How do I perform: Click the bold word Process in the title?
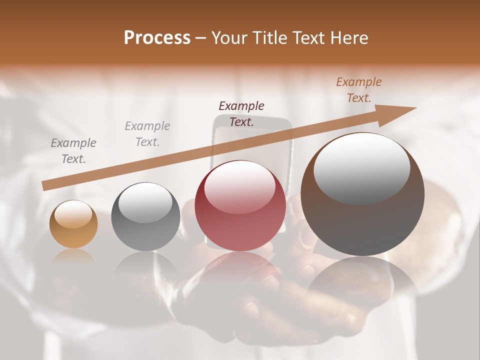pyautogui.click(x=157, y=38)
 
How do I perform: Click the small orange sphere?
pyautogui.click(x=73, y=224)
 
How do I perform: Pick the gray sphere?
pyautogui.click(x=145, y=216)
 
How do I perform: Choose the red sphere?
pyautogui.click(x=240, y=206)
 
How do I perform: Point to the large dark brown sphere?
pyautogui.click(x=362, y=194)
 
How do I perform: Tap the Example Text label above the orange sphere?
pyautogui.click(x=73, y=151)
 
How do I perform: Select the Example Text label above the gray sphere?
pyautogui.click(x=147, y=134)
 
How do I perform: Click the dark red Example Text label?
pyautogui.click(x=241, y=113)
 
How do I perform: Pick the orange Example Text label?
pyautogui.click(x=358, y=90)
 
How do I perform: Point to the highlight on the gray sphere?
pyautogui.click(x=145, y=202)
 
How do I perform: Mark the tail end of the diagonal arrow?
pyautogui.click(x=44, y=186)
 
